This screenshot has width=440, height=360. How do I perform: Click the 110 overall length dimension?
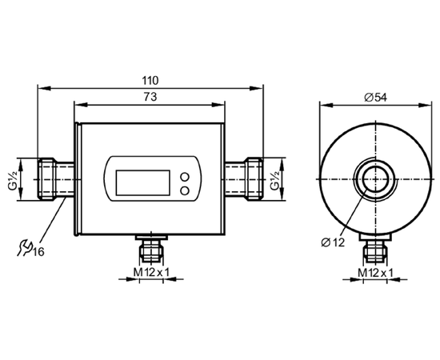(x=150, y=81)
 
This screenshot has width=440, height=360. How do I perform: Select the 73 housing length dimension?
(x=150, y=97)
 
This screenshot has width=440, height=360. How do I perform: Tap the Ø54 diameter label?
(x=375, y=98)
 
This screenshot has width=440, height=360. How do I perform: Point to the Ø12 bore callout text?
(x=333, y=242)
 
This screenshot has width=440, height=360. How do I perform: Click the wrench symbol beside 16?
(x=25, y=247)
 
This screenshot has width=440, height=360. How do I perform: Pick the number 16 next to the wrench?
(x=38, y=252)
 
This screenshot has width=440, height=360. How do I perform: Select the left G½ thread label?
(x=13, y=179)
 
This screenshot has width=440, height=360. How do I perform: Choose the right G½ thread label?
(x=274, y=179)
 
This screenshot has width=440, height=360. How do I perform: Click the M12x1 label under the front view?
(x=151, y=272)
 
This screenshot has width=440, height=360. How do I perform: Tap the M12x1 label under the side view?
(x=375, y=273)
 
